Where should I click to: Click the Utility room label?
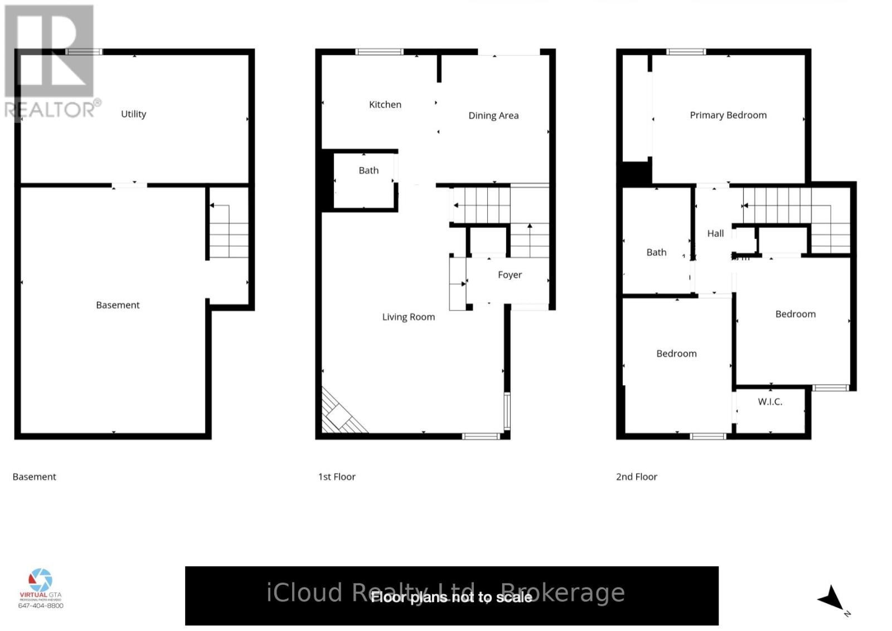click(x=133, y=114)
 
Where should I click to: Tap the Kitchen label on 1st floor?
click(x=385, y=104)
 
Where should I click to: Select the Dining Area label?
click(x=493, y=115)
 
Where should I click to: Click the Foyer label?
click(x=510, y=274)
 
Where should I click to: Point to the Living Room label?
click(x=408, y=317)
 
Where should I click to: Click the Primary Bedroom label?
click(x=728, y=115)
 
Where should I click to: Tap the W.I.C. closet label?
click(x=769, y=401)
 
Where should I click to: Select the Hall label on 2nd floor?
click(x=715, y=233)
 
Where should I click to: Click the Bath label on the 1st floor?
click(x=368, y=170)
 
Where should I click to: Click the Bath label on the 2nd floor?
click(x=656, y=252)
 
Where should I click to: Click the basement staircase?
click(x=229, y=231)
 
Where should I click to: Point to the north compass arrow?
click(x=832, y=599)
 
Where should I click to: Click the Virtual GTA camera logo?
click(x=41, y=580)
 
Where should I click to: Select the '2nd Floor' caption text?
click(x=636, y=477)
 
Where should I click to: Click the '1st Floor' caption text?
click(x=336, y=477)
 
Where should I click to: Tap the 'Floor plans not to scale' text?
click(x=451, y=598)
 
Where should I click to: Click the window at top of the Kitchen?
click(x=379, y=52)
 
